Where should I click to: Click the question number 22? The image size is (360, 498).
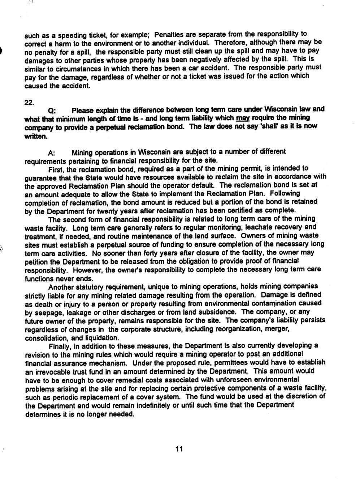[29, 102]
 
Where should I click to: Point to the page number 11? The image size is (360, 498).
[179, 449]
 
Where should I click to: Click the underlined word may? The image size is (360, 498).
[242, 118]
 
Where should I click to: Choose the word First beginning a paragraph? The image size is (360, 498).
[55, 169]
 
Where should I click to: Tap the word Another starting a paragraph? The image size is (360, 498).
[61, 287]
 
